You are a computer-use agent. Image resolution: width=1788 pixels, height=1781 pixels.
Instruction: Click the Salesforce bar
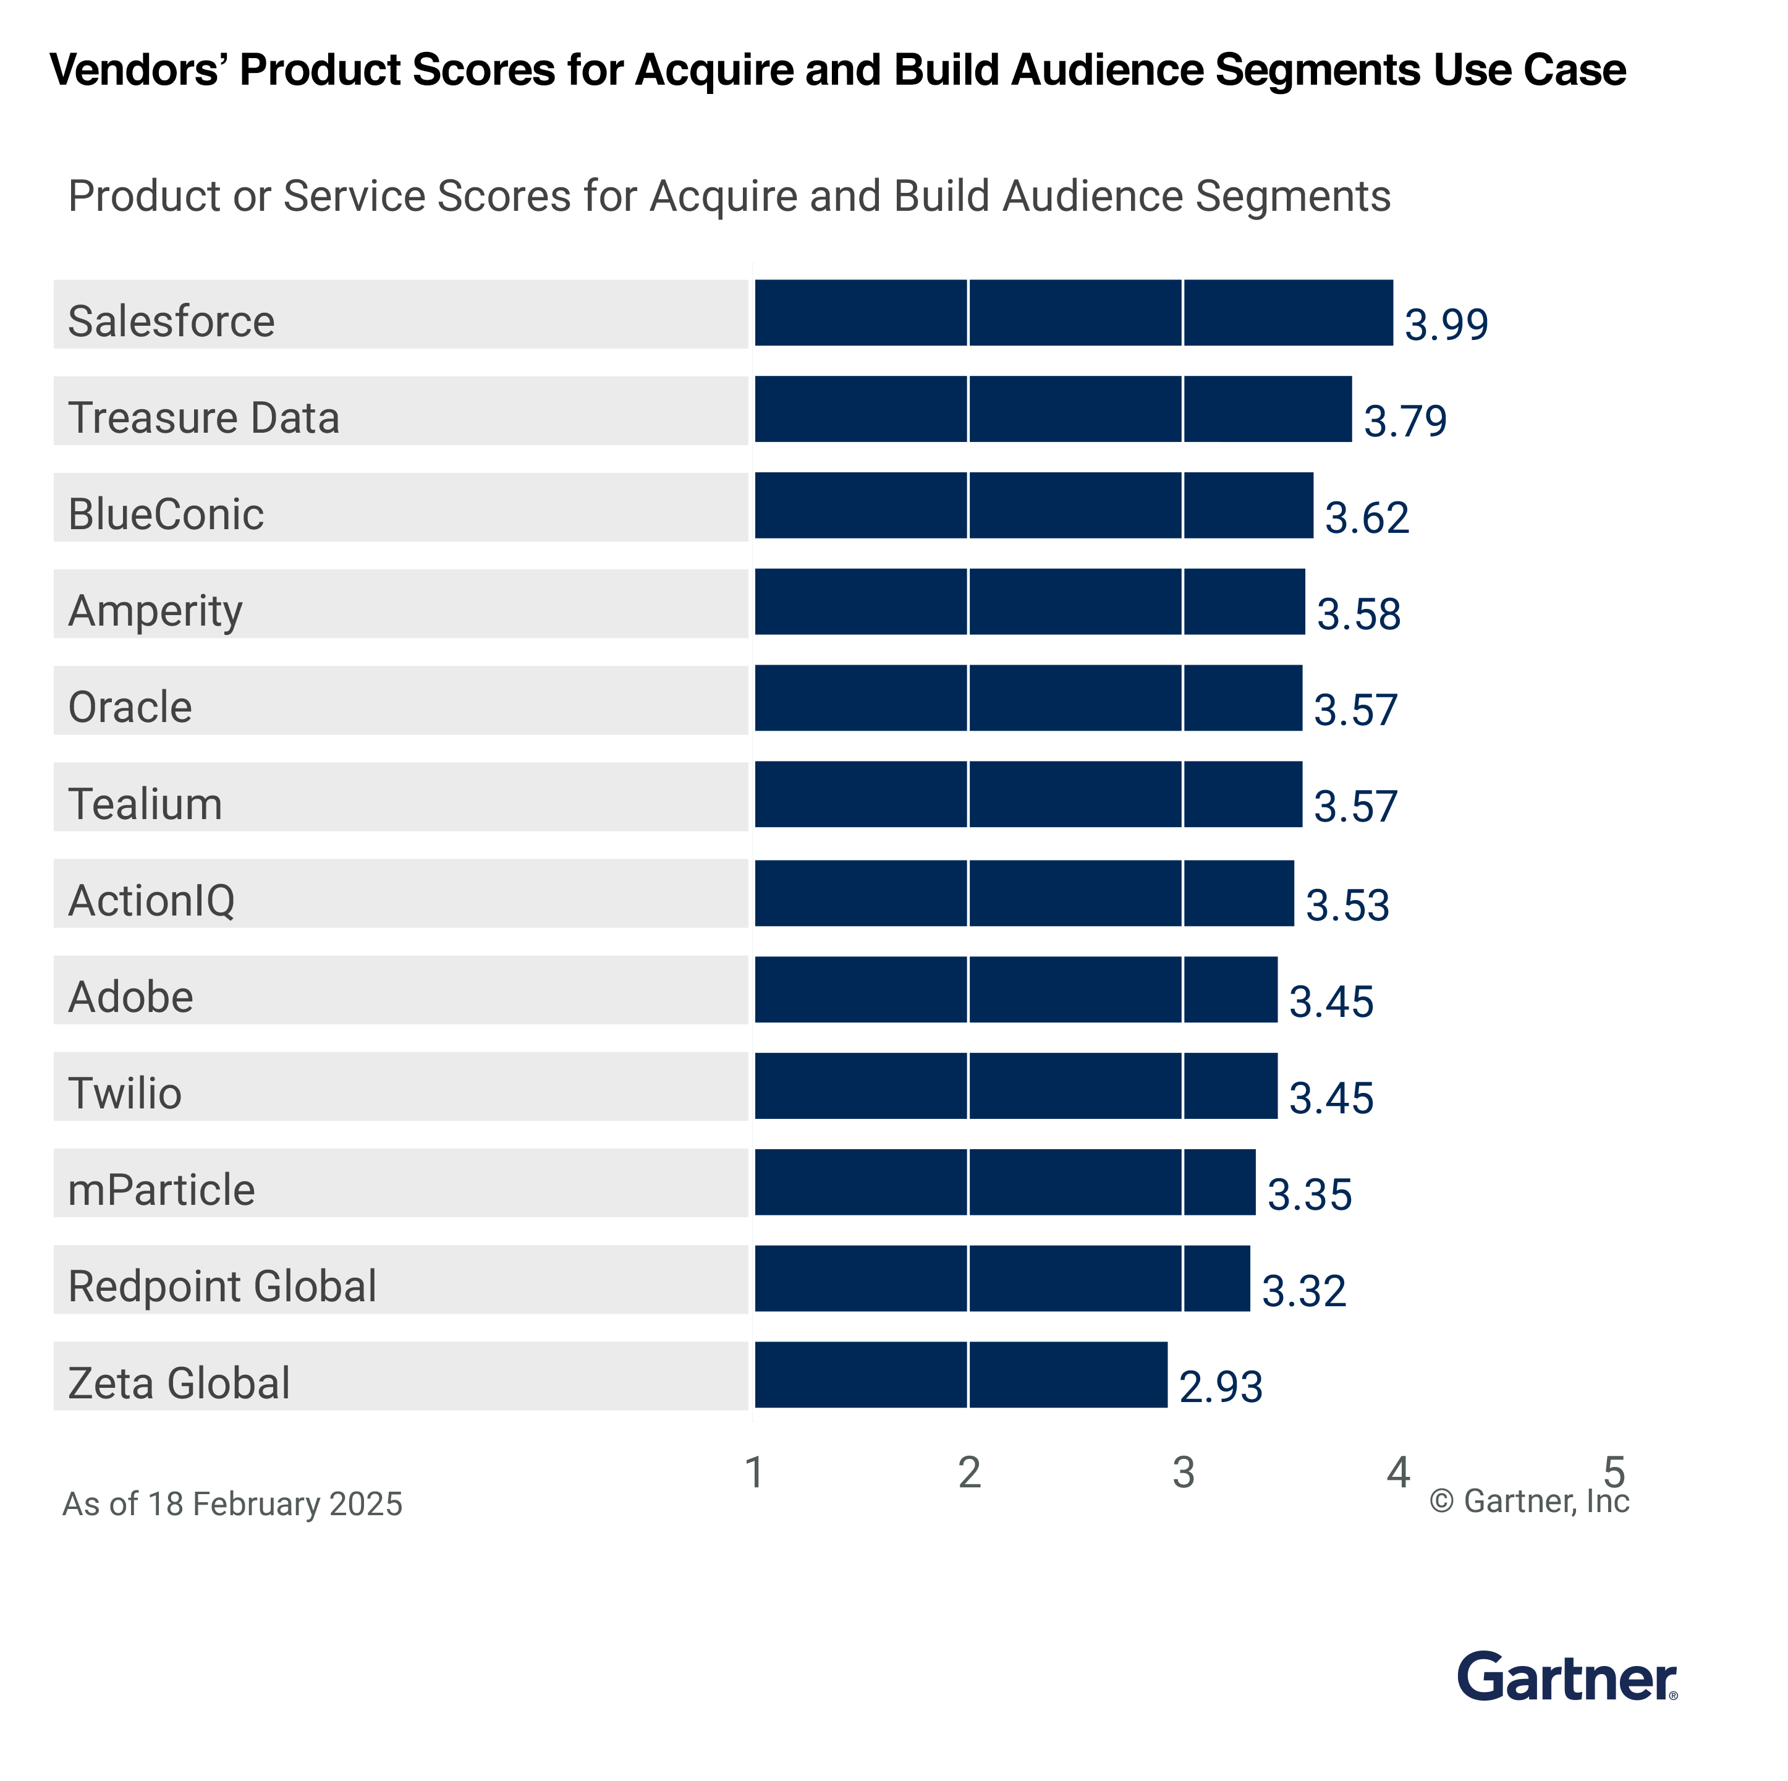click(x=1074, y=313)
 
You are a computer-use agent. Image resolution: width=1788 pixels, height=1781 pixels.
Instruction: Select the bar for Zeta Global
click(x=960, y=1375)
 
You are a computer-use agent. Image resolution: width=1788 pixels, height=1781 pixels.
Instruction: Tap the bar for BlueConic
click(x=1034, y=506)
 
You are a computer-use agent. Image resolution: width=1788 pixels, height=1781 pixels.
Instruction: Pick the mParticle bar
click(x=1005, y=1182)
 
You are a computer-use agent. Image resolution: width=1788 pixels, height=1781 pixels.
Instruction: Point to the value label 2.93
click(x=1221, y=1387)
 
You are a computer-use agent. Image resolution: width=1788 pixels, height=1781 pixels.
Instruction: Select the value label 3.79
click(x=1405, y=421)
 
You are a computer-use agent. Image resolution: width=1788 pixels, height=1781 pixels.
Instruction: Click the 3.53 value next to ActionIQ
click(x=1347, y=905)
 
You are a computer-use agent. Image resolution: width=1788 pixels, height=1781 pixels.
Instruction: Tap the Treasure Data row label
click(x=203, y=417)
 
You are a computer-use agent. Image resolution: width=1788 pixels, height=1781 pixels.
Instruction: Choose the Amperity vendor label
click(x=156, y=611)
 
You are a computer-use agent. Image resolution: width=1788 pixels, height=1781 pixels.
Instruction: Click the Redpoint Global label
click(x=222, y=1286)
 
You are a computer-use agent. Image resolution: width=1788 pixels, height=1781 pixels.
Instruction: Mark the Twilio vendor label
click(x=125, y=1093)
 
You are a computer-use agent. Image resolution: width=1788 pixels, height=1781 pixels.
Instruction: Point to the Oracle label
click(x=130, y=707)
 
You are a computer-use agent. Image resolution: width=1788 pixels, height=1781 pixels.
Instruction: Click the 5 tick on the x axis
click(x=1614, y=1472)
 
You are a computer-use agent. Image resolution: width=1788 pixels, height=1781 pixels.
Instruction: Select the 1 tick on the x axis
click(x=754, y=1472)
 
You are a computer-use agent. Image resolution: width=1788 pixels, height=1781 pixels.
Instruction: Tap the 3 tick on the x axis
click(x=1184, y=1472)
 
